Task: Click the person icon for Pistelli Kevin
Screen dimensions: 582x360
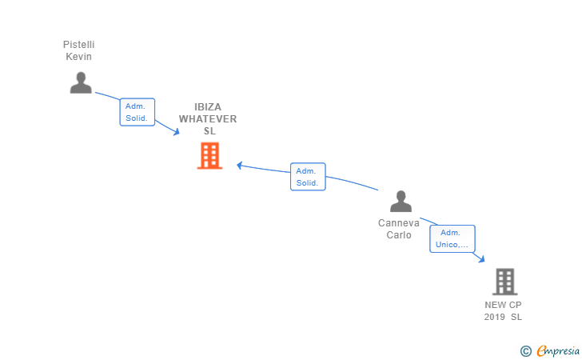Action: (81, 82)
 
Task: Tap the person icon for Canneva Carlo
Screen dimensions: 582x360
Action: (401, 202)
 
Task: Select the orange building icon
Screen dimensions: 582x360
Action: (209, 156)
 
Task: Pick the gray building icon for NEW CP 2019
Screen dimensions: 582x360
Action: (505, 282)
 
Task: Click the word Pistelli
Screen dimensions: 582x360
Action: (78, 45)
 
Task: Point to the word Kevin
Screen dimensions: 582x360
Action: (78, 57)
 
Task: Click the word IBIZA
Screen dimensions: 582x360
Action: (208, 107)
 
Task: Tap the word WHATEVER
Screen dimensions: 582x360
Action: (208, 119)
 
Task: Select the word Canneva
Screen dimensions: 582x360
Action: (399, 223)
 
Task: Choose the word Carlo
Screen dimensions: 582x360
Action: (399, 234)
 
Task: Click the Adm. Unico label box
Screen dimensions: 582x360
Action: (452, 239)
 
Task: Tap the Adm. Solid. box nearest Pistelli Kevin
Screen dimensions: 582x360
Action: (138, 112)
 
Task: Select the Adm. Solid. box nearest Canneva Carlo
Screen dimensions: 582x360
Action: (308, 177)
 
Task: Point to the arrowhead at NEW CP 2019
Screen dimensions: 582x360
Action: (482, 259)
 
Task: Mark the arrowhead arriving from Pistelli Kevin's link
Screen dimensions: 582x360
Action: (177, 132)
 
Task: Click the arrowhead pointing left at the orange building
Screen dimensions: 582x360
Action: (240, 166)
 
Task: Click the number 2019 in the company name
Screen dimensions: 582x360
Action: (494, 317)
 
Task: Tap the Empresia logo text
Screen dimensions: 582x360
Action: (558, 350)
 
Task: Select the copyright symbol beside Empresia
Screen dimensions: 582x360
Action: (526, 351)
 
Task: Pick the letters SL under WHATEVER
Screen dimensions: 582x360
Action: (209, 130)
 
